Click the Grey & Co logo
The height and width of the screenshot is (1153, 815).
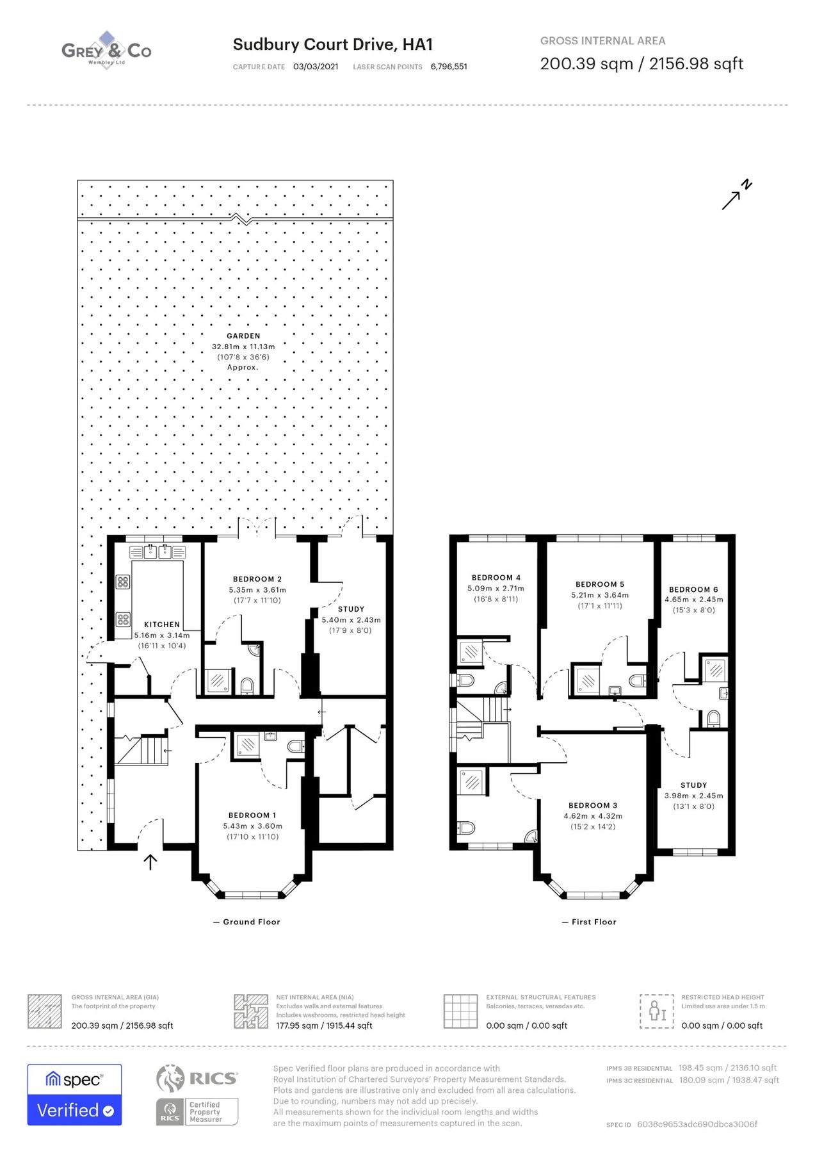[x=106, y=51]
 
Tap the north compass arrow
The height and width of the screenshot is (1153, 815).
[x=736, y=195]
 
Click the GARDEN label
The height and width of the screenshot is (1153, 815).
[x=243, y=336]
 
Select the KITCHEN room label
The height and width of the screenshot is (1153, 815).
[x=162, y=625]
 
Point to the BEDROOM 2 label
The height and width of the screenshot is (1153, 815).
[x=257, y=579]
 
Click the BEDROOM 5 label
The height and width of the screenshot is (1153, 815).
[x=600, y=584]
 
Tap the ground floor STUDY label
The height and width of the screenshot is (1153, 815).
[x=351, y=609]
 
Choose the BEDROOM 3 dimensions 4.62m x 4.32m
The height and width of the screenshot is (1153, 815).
[x=593, y=816]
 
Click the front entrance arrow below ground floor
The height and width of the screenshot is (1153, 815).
[x=150, y=862]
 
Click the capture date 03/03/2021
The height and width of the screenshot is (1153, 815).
[x=316, y=67]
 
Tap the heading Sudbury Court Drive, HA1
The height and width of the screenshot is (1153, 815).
[x=333, y=44]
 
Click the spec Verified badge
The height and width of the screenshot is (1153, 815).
[x=74, y=1095]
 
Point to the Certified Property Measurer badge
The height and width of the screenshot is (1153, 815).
[x=197, y=1111]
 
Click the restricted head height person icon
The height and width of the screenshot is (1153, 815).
[x=657, y=1011]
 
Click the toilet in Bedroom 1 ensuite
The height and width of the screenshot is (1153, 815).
[x=295, y=746]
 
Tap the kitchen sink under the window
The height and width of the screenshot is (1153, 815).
[x=157, y=552]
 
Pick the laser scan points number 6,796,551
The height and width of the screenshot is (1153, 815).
[x=449, y=67]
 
